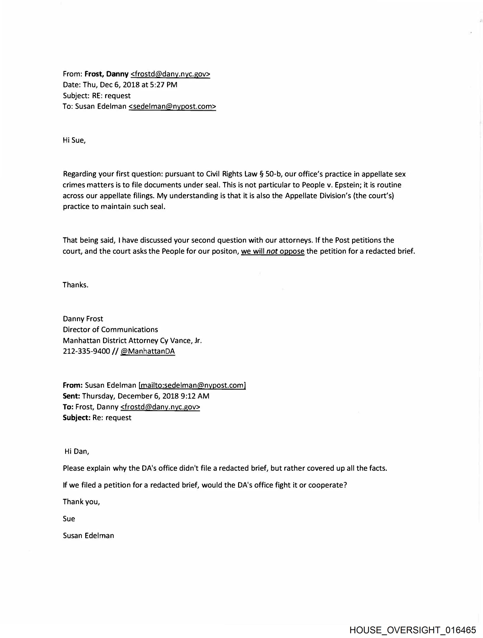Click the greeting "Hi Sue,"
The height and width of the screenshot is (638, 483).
tap(74, 141)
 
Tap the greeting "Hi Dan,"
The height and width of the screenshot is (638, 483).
tap(77, 451)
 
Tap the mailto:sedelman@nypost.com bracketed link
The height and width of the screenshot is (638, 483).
tap(192, 385)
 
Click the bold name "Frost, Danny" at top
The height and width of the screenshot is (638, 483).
tap(106, 74)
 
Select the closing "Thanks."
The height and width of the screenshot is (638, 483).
tap(75, 285)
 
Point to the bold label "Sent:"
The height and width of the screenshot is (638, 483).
tap(71, 396)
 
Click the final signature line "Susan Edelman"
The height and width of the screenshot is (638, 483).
tap(88, 536)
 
